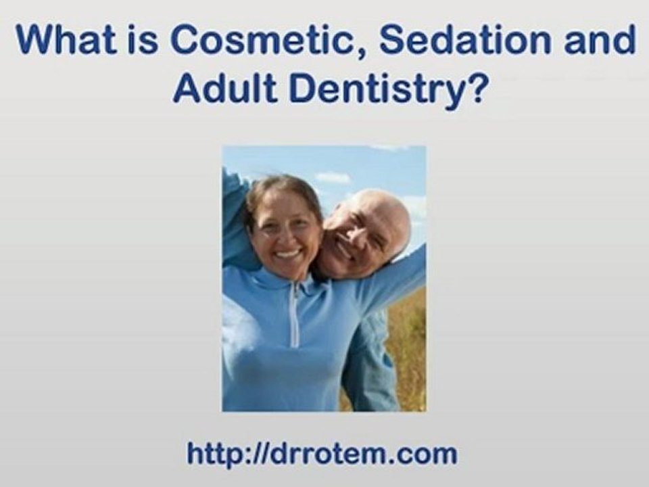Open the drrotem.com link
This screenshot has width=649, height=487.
click(x=322, y=453)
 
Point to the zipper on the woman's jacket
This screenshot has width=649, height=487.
click(x=295, y=318)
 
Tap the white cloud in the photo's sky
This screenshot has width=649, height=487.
click(x=333, y=177)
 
